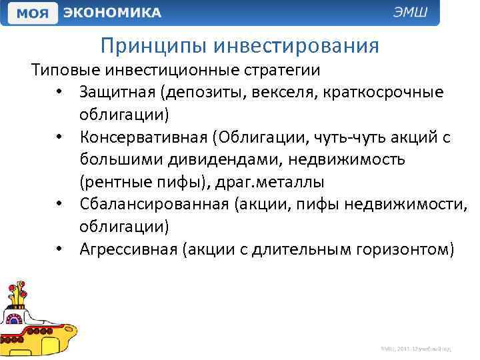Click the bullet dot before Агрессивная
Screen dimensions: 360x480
[60, 250]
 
